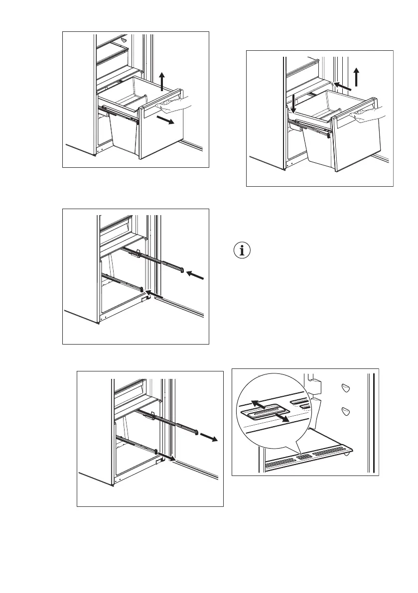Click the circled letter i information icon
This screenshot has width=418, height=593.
tap(243, 250)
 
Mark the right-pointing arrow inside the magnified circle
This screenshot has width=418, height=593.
tap(284, 419)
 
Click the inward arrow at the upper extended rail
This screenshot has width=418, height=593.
tap(196, 275)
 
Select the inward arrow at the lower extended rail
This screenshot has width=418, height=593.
tap(155, 295)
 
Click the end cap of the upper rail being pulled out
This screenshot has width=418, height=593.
tap(197, 432)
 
